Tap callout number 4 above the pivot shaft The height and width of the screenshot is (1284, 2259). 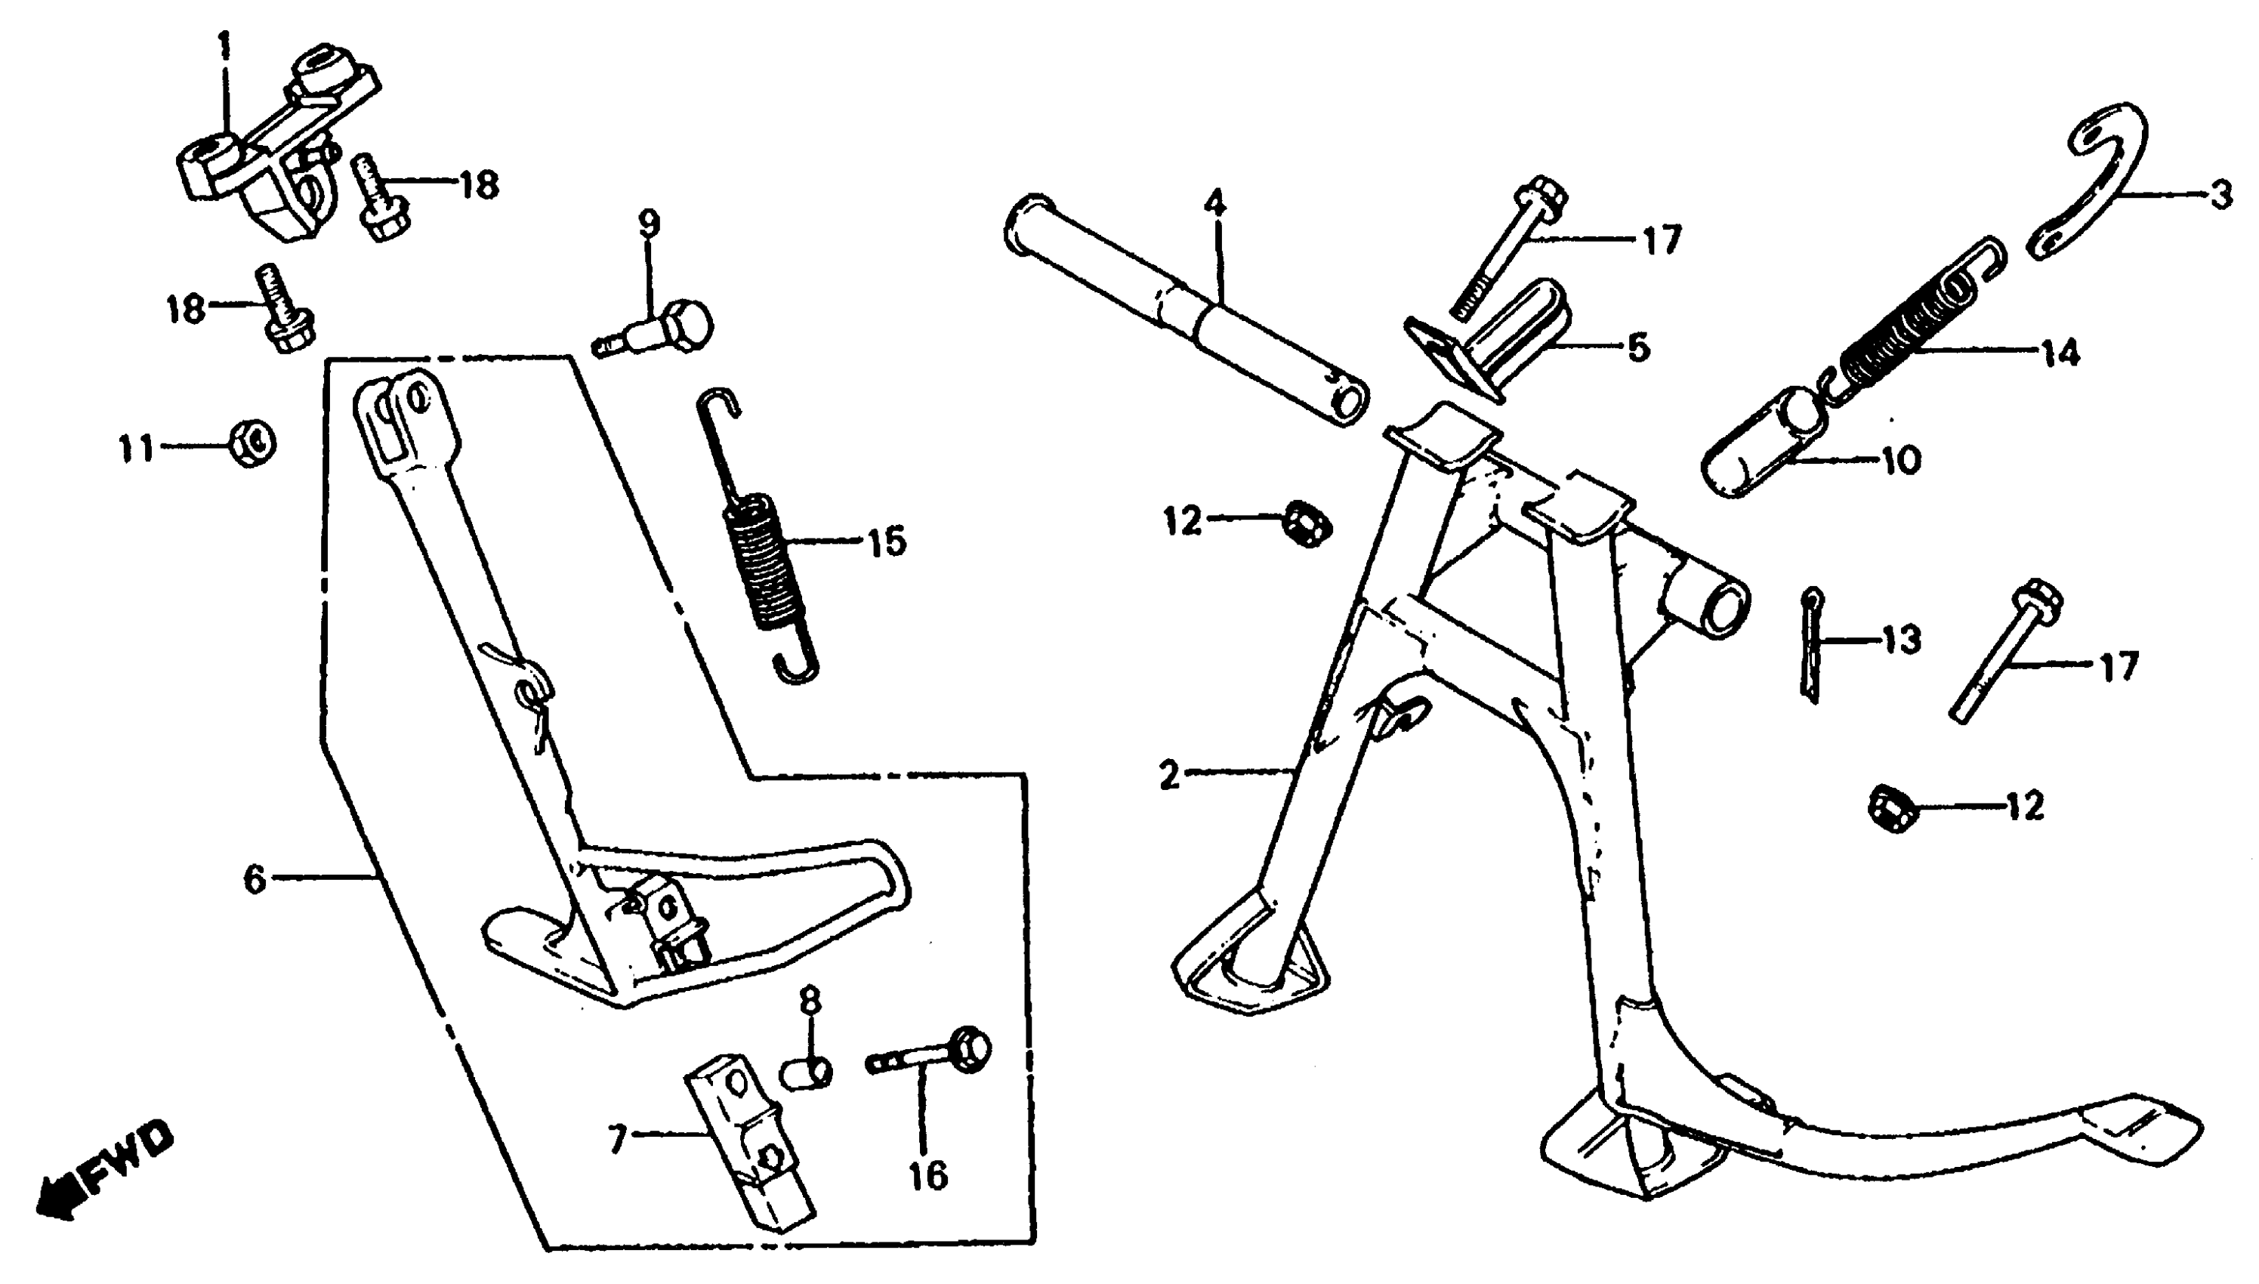pos(1214,205)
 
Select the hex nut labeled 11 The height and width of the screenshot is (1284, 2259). pos(252,443)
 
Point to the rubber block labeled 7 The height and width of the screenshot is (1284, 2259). pos(749,1147)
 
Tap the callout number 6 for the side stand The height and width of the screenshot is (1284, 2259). pos(255,879)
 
